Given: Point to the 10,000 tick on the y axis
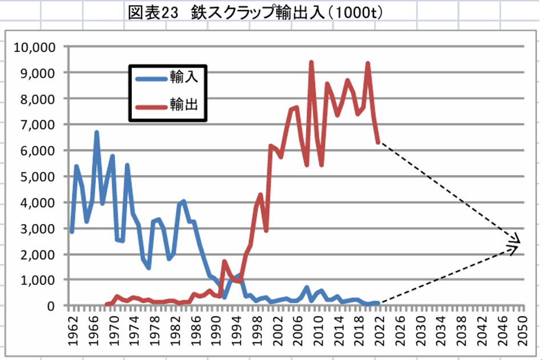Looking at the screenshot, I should [37, 47].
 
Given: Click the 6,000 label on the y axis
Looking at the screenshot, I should [40, 151].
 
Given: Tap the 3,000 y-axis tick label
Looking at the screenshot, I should [40, 228].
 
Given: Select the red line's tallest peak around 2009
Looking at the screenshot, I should [311, 62].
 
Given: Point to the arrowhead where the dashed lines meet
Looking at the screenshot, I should [518, 244].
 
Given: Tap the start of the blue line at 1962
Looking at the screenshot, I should [72, 231].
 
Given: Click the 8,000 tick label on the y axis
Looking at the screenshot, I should [40, 99].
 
